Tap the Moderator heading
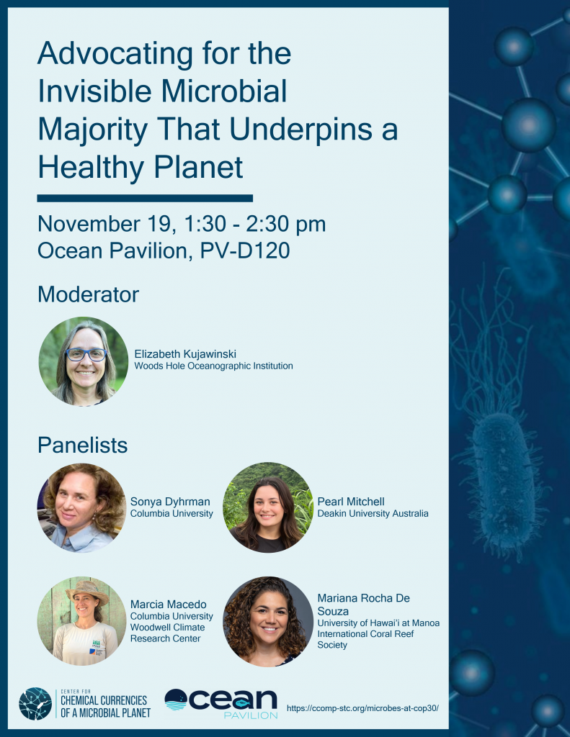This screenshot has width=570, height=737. tap(88, 294)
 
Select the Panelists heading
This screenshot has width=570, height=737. tap(82, 445)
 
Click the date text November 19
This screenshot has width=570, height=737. tap(102, 224)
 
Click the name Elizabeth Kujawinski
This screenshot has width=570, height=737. tap(185, 353)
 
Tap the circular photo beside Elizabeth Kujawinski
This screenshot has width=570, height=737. tap(84, 361)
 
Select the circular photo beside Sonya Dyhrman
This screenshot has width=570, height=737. tap(81, 507)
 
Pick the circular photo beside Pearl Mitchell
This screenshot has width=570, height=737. tap(268, 507)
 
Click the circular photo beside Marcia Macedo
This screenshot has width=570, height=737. tap(81, 620)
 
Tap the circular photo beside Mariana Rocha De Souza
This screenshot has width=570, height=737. tap(268, 620)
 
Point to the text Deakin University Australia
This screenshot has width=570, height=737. tap(373, 513)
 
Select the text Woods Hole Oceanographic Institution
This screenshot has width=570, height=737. tap(213, 366)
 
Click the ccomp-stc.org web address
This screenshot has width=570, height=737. tap(362, 707)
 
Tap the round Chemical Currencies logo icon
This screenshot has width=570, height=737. tap(35, 704)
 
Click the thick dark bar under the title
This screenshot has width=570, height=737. tap(145, 197)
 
